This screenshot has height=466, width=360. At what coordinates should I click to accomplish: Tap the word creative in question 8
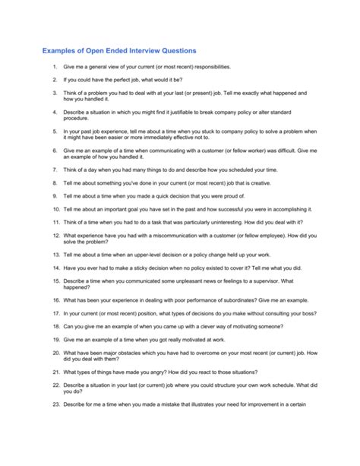(x=249, y=183)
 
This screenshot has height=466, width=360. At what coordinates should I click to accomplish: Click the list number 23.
(x=55, y=404)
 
